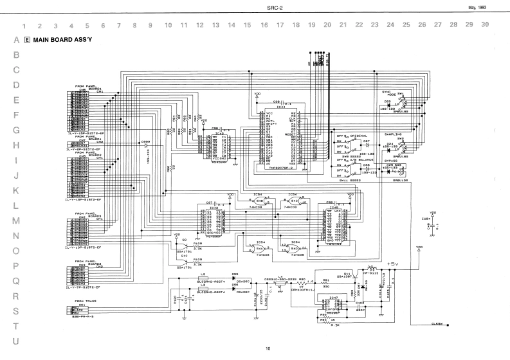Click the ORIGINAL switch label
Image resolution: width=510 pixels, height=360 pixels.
tap(359, 136)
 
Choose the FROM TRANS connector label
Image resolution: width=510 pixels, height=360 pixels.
tap(85, 301)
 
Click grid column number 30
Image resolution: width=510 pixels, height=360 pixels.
tap(484, 25)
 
